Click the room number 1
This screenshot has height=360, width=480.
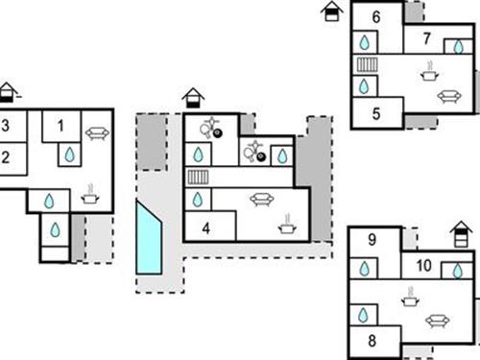pyautogui.click(x=60, y=125)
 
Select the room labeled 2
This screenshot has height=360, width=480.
pyautogui.click(x=5, y=157)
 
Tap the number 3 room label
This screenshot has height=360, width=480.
pyautogui.click(x=5, y=126)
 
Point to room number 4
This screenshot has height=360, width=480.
pyautogui.click(x=205, y=229)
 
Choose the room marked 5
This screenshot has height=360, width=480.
pyautogui.click(x=375, y=112)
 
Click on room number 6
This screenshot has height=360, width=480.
pyautogui.click(x=375, y=16)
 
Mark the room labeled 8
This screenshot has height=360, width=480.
pyautogui.click(x=371, y=340)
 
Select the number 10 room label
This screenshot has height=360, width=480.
pyautogui.click(x=422, y=266)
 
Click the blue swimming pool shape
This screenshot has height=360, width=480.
pyautogui.click(x=149, y=237)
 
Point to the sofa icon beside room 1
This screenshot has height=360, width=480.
pyautogui.click(x=96, y=133)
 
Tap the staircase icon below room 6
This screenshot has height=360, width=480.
pyautogui.click(x=366, y=65)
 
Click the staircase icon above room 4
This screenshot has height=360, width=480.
pyautogui.click(x=198, y=177)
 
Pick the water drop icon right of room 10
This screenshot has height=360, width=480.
pyautogui.click(x=458, y=271)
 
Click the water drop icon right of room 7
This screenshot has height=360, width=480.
pyautogui.click(x=456, y=44)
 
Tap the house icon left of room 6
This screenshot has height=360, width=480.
pyautogui.click(x=332, y=12)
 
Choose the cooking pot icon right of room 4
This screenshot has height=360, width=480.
pyautogui.click(x=286, y=226)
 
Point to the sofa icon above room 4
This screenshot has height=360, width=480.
pyautogui.click(x=259, y=200)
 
